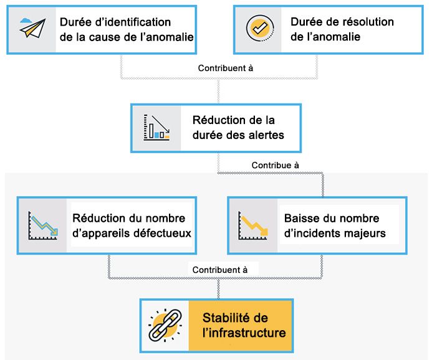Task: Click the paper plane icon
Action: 34,28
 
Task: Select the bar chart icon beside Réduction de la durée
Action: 156,127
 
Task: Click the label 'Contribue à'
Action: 275,166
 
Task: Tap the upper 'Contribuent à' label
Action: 226,69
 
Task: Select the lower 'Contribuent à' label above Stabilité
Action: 220,270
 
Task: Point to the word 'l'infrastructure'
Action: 244,333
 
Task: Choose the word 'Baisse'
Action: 301,219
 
